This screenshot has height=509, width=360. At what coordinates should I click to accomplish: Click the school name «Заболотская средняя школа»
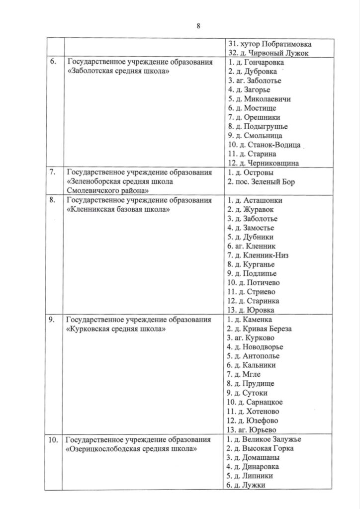pyautogui.click(x=117, y=72)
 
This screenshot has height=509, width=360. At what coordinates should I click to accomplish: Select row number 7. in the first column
pyautogui.click(x=51, y=172)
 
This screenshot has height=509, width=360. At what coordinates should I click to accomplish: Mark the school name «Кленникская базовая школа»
pyautogui.click(x=118, y=210)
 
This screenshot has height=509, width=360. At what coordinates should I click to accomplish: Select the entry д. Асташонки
pyautogui.click(x=255, y=200)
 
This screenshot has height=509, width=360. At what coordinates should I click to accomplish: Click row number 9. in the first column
pyautogui.click(x=51, y=319)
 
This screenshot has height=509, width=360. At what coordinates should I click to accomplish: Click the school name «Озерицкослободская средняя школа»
pyautogui.click(x=131, y=448)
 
